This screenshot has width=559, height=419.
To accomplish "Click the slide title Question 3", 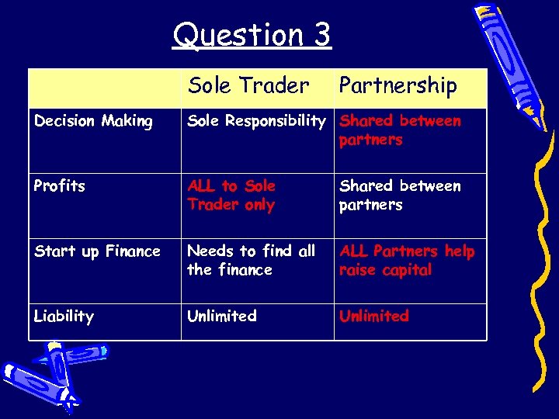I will tap(252, 35).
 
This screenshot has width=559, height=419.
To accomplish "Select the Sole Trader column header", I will tap(248, 85).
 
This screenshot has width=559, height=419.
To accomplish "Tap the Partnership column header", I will tap(398, 85).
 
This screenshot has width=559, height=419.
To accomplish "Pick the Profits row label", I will tap(59, 186).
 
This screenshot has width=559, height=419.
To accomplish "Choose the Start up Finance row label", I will tap(97, 251).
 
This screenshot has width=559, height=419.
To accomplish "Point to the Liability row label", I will tap(64, 317).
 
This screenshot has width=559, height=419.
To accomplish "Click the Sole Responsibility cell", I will tap(256, 121).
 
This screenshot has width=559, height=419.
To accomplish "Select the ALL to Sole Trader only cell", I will tap(231, 196).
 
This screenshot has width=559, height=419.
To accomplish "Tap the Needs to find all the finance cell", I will tap(251, 261).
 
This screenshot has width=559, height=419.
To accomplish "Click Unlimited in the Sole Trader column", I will tap(222, 317).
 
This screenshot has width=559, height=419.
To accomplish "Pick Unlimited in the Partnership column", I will tap(374, 317).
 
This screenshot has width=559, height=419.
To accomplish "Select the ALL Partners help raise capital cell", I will tap(407, 261).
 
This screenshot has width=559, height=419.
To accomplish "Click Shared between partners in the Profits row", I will tap(400, 196).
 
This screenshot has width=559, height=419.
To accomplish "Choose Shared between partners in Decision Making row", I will tap(400, 130).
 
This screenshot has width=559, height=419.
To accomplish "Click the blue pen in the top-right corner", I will tap(514, 58).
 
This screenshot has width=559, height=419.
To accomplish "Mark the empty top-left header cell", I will tap(104, 87).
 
